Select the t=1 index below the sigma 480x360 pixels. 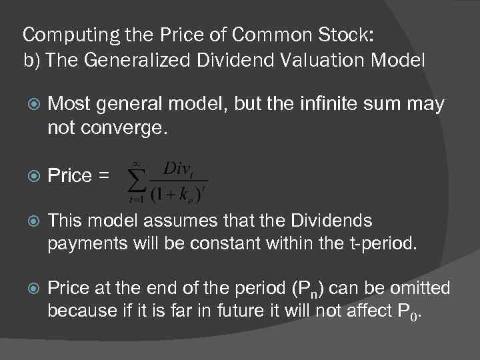tap(138, 199)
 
